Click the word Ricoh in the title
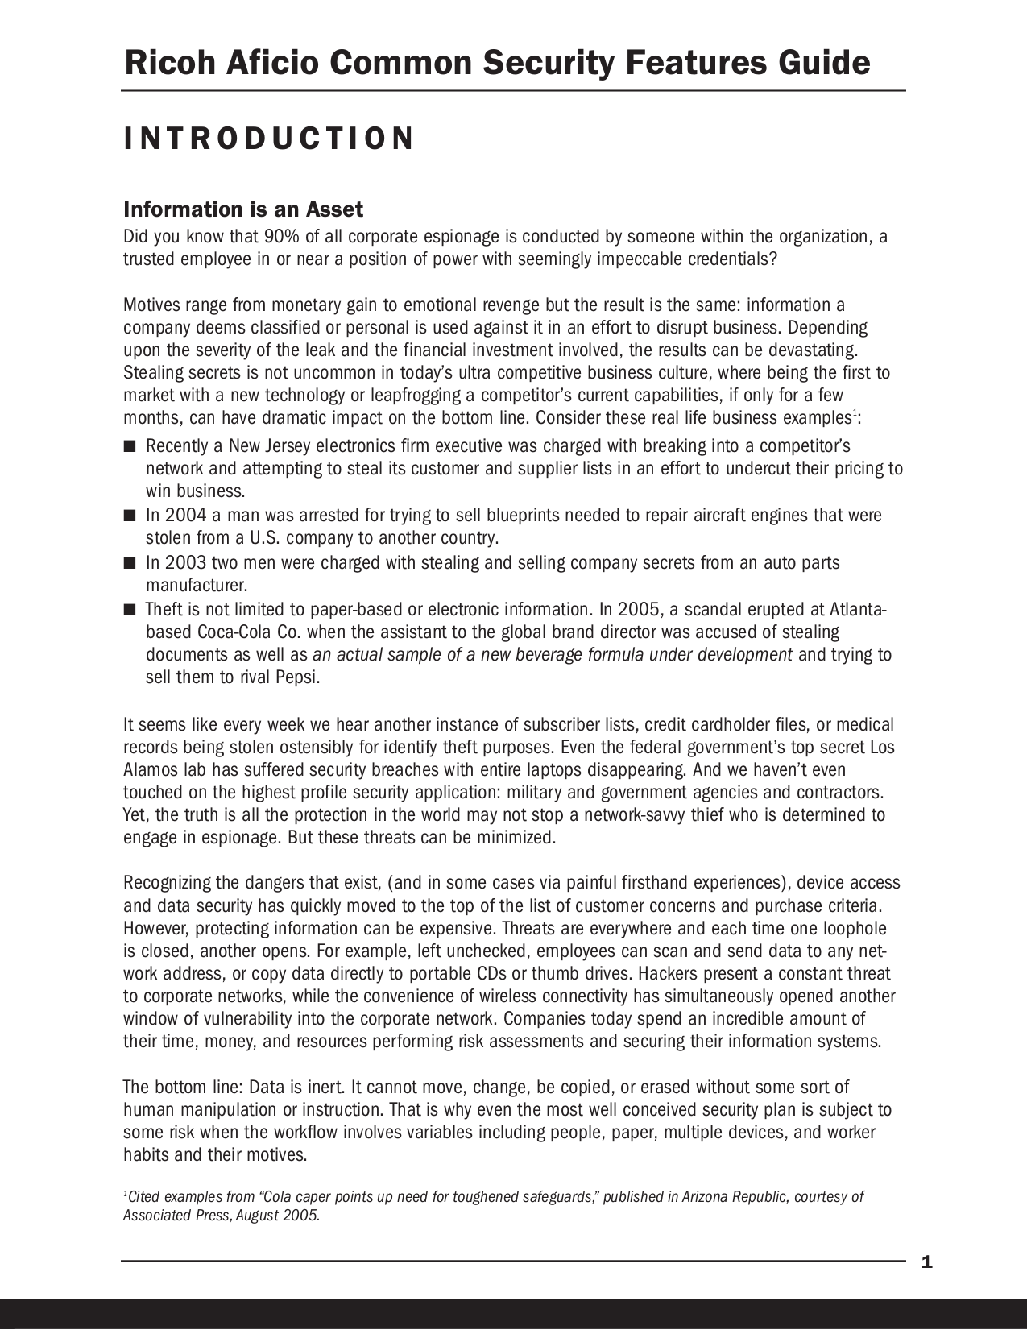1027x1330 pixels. tap(170, 63)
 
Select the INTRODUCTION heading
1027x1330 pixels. tap(269, 139)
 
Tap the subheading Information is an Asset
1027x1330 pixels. tap(242, 210)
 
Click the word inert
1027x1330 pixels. tap(316, 1088)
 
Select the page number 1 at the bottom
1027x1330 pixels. tap(926, 1262)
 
